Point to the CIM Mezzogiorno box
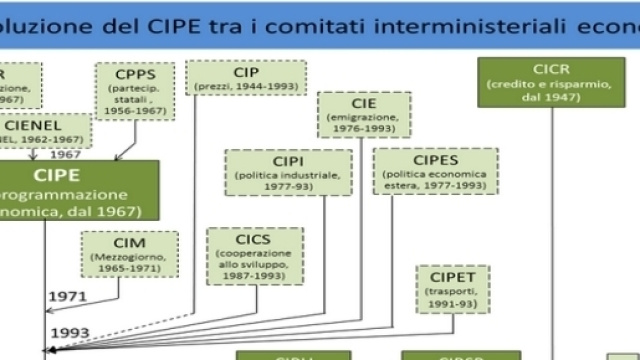(130, 254)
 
